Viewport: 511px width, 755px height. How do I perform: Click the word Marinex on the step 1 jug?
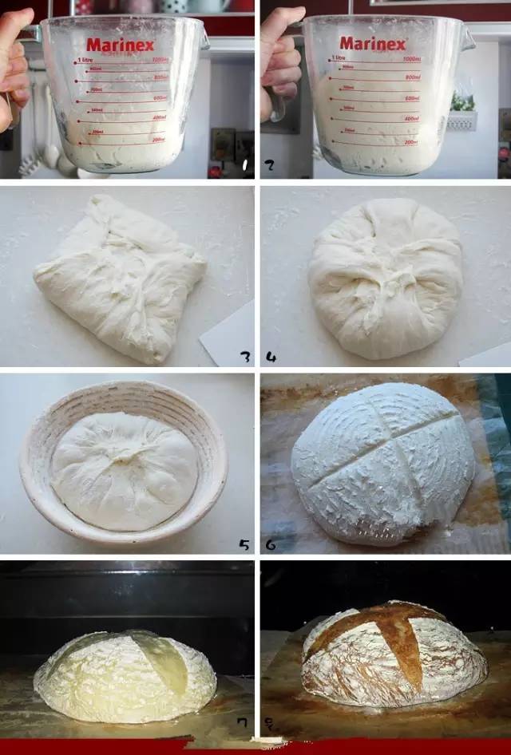(120, 45)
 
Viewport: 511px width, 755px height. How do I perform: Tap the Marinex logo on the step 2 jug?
(373, 43)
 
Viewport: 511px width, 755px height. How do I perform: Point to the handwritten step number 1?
(244, 166)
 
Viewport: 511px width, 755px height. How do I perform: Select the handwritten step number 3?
(244, 357)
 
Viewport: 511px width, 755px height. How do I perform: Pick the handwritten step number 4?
(271, 357)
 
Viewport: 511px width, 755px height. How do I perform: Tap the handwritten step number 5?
(244, 545)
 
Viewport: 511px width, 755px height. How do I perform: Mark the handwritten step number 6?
(271, 545)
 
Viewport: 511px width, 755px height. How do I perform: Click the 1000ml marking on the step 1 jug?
(160, 61)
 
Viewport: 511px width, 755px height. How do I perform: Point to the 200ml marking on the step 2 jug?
(411, 143)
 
